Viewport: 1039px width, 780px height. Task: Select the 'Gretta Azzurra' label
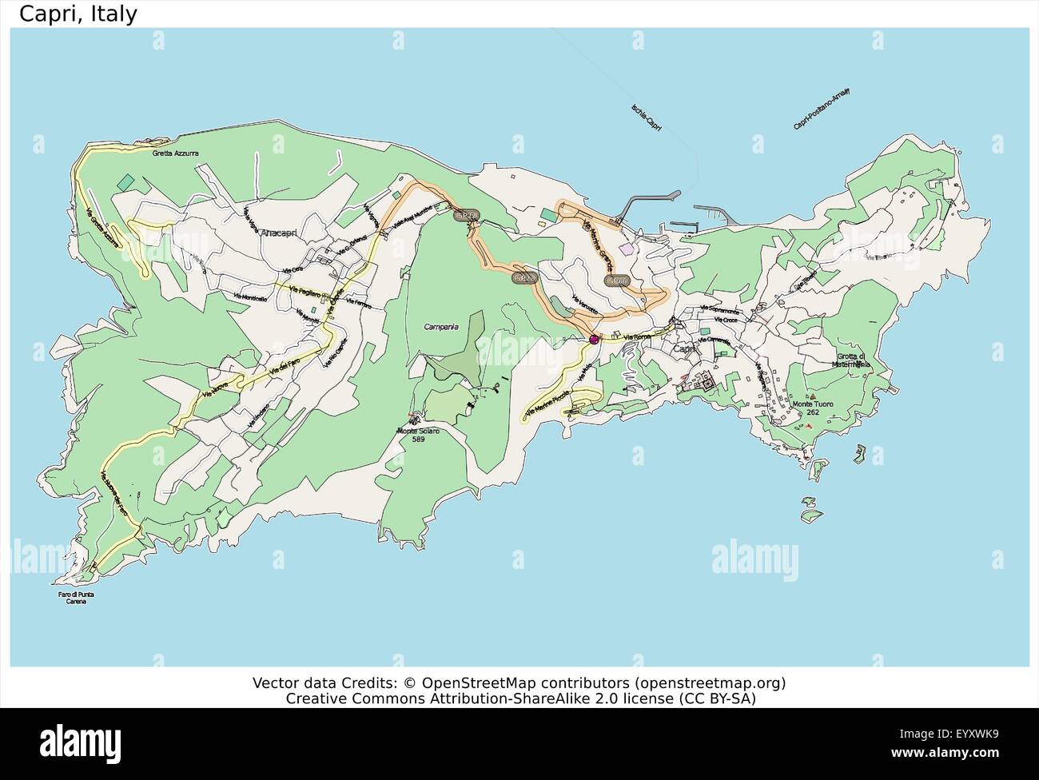[175, 153]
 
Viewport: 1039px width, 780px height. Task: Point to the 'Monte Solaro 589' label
[417, 435]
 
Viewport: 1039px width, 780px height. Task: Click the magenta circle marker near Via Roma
[594, 340]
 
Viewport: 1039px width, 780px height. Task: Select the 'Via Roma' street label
[638, 337]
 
